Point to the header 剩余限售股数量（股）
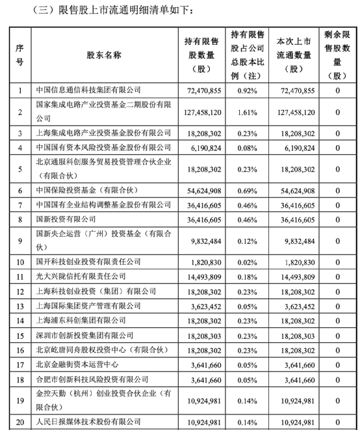pos(338,55)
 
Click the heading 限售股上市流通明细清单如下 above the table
pos(110,11)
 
